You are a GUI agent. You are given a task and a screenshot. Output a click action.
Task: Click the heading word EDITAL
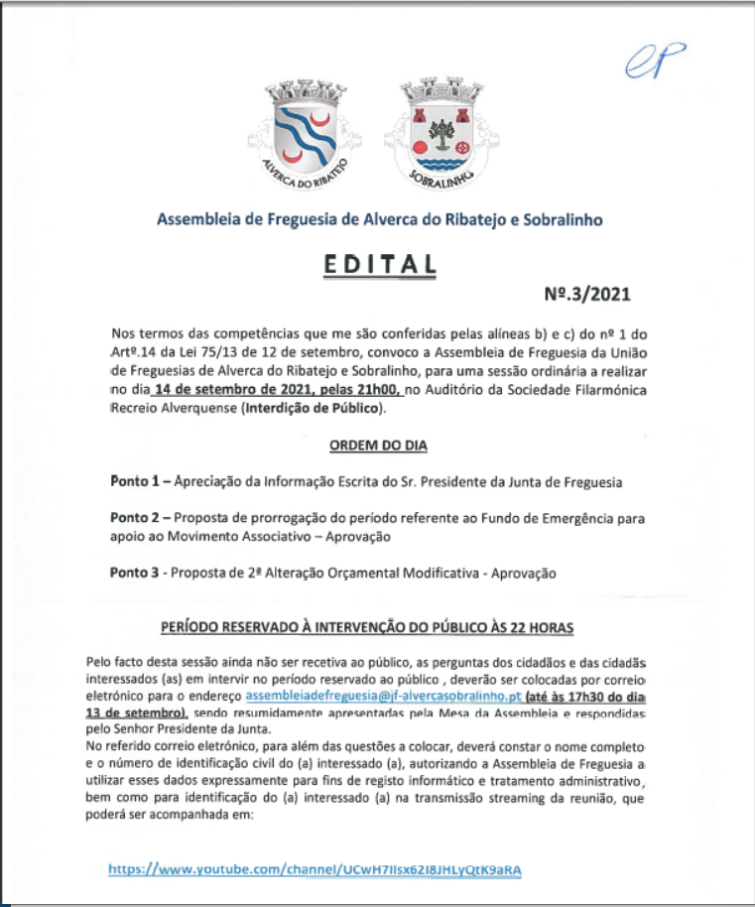(x=378, y=265)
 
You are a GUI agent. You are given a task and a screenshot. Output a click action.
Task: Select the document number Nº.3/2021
(x=586, y=294)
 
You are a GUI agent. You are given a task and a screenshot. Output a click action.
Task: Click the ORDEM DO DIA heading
(x=378, y=446)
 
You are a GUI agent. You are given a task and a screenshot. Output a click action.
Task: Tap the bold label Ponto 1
(x=134, y=482)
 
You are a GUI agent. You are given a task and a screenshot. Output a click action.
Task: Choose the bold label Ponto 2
(x=134, y=518)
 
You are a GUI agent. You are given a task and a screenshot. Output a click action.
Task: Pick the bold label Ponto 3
(x=134, y=573)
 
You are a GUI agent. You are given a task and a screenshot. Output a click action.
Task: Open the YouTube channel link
(x=315, y=869)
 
